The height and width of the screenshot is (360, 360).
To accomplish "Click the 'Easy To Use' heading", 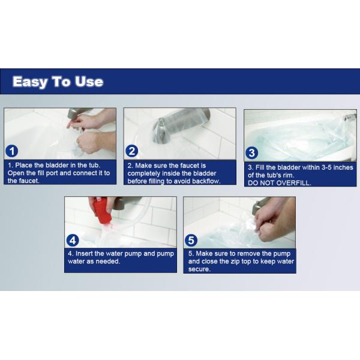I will point(58,82).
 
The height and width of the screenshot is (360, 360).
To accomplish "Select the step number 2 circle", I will point(133,151).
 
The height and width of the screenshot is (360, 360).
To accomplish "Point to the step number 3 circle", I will point(253,152).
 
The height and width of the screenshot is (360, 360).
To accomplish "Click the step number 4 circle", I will point(73,240).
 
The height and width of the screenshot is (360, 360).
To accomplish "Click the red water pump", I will point(101,212).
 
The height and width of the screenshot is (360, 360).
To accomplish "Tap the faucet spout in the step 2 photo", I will point(162,128).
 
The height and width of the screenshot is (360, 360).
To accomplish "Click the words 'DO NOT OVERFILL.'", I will point(280,182).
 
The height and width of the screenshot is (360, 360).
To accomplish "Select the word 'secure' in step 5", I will point(201,269).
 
